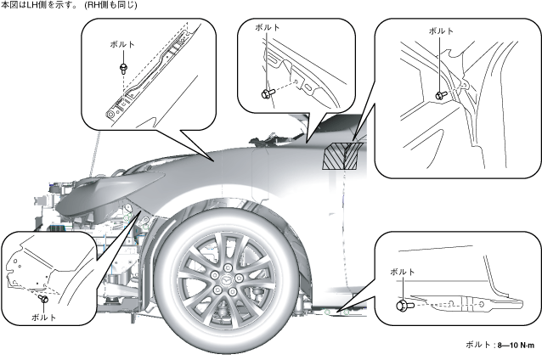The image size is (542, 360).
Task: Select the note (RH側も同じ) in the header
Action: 116,6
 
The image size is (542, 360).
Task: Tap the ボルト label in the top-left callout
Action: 123,43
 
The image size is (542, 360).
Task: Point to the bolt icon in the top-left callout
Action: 124,65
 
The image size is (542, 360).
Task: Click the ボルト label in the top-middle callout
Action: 267,28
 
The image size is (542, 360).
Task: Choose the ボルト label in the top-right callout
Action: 441,31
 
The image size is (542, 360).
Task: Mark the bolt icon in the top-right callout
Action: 441,94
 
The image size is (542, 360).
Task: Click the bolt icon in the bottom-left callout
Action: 41,300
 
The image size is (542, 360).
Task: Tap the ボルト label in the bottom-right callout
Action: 402,271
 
